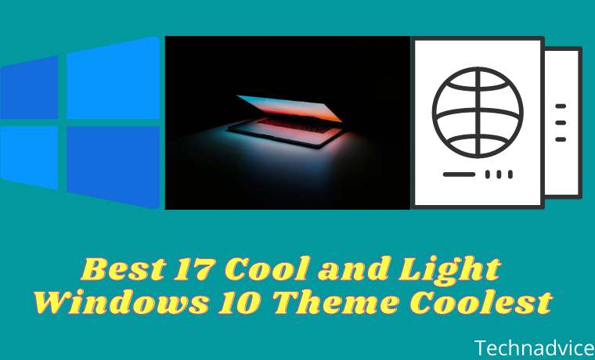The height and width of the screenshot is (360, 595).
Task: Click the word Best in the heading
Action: [x=124, y=268]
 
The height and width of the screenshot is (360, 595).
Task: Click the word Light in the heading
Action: [x=449, y=270]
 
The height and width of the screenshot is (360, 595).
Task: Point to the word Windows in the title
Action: [x=121, y=302]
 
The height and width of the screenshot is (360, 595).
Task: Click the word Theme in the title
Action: [x=336, y=302]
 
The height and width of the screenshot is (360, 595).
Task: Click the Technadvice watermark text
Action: [x=534, y=348]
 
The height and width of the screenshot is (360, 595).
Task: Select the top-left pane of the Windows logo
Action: [x=29, y=88]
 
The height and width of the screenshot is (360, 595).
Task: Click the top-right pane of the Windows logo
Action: [x=114, y=78]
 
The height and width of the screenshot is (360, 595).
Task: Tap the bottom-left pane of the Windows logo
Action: [x=29, y=157]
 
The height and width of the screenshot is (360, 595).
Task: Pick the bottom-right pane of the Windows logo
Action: [x=114, y=167]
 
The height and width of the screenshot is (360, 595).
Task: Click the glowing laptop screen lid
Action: [x=290, y=108]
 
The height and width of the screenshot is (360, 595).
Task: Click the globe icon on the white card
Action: [x=478, y=112]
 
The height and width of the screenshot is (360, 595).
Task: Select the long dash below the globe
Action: [x=459, y=175]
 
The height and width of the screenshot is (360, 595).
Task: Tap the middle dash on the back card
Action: [x=561, y=123]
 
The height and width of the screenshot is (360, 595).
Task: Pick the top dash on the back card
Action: [x=561, y=106]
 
